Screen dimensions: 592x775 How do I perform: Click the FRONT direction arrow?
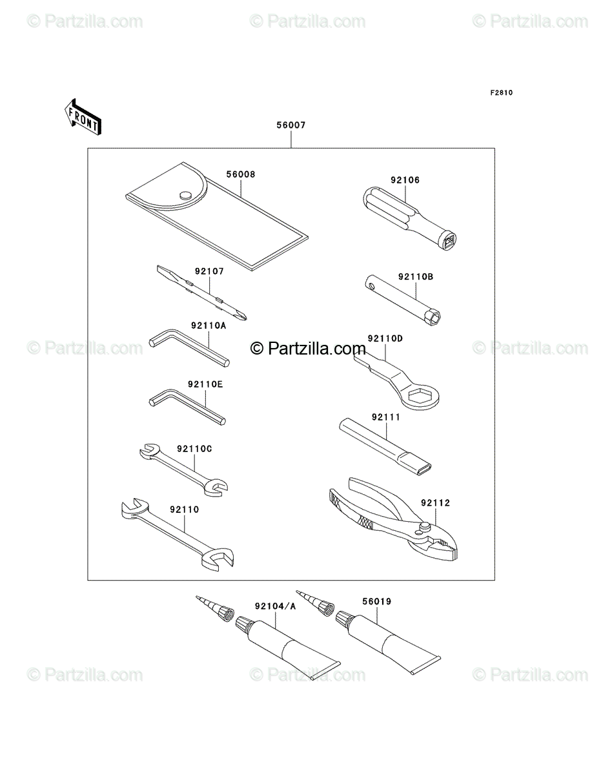click(x=83, y=117)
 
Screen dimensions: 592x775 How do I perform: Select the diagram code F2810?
click(x=501, y=93)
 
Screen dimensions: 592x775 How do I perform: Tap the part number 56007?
click(x=291, y=125)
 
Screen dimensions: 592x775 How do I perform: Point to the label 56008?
click(x=241, y=174)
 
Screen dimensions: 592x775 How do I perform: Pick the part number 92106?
click(x=405, y=180)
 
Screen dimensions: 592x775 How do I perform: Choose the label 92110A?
click(x=209, y=325)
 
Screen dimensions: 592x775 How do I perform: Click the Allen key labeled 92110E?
click(x=187, y=407)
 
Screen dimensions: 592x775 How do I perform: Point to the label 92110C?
click(x=194, y=449)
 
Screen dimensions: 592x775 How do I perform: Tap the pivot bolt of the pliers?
click(x=424, y=527)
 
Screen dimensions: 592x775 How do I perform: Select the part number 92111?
click(x=386, y=417)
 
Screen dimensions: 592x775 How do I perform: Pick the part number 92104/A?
click(x=275, y=606)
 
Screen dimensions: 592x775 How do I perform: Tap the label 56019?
click(x=377, y=601)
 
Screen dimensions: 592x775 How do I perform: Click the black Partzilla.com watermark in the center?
click(x=308, y=349)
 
